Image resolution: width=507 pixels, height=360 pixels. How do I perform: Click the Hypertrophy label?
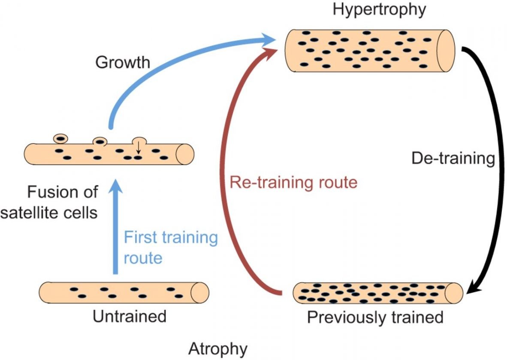pyautogui.click(x=379, y=9)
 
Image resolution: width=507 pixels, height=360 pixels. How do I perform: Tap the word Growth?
pyautogui.click(x=123, y=63)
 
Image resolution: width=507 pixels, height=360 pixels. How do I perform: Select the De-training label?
pyautogui.click(x=453, y=159)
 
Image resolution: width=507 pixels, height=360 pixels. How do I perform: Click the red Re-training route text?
pyautogui.click(x=293, y=182)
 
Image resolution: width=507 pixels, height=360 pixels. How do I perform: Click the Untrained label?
pyautogui.click(x=130, y=317)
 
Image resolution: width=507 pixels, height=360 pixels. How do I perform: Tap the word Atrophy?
pyautogui.click(x=218, y=349)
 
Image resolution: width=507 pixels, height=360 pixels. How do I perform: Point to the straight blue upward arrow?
pyautogui.click(x=115, y=227)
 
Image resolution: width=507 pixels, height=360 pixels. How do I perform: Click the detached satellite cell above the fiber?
pyautogui.click(x=60, y=138)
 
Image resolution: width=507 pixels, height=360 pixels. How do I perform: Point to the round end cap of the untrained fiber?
pyautogui.click(x=199, y=293)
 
